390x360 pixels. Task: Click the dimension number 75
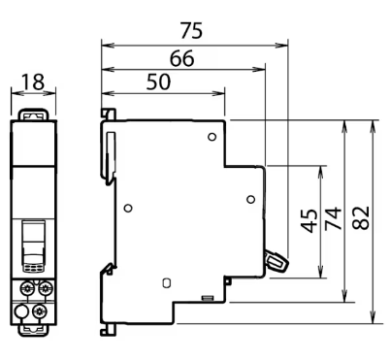[x=191, y=31]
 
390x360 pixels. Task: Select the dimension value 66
[x=182, y=58]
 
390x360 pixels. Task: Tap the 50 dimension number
[x=158, y=82]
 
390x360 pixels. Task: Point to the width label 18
[x=33, y=82]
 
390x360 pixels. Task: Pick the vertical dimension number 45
[x=309, y=221]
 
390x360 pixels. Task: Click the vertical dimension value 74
[x=334, y=218]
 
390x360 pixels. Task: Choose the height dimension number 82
[x=361, y=218]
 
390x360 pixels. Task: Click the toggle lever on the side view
[x=276, y=261]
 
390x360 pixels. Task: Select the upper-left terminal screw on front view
[x=26, y=287]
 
